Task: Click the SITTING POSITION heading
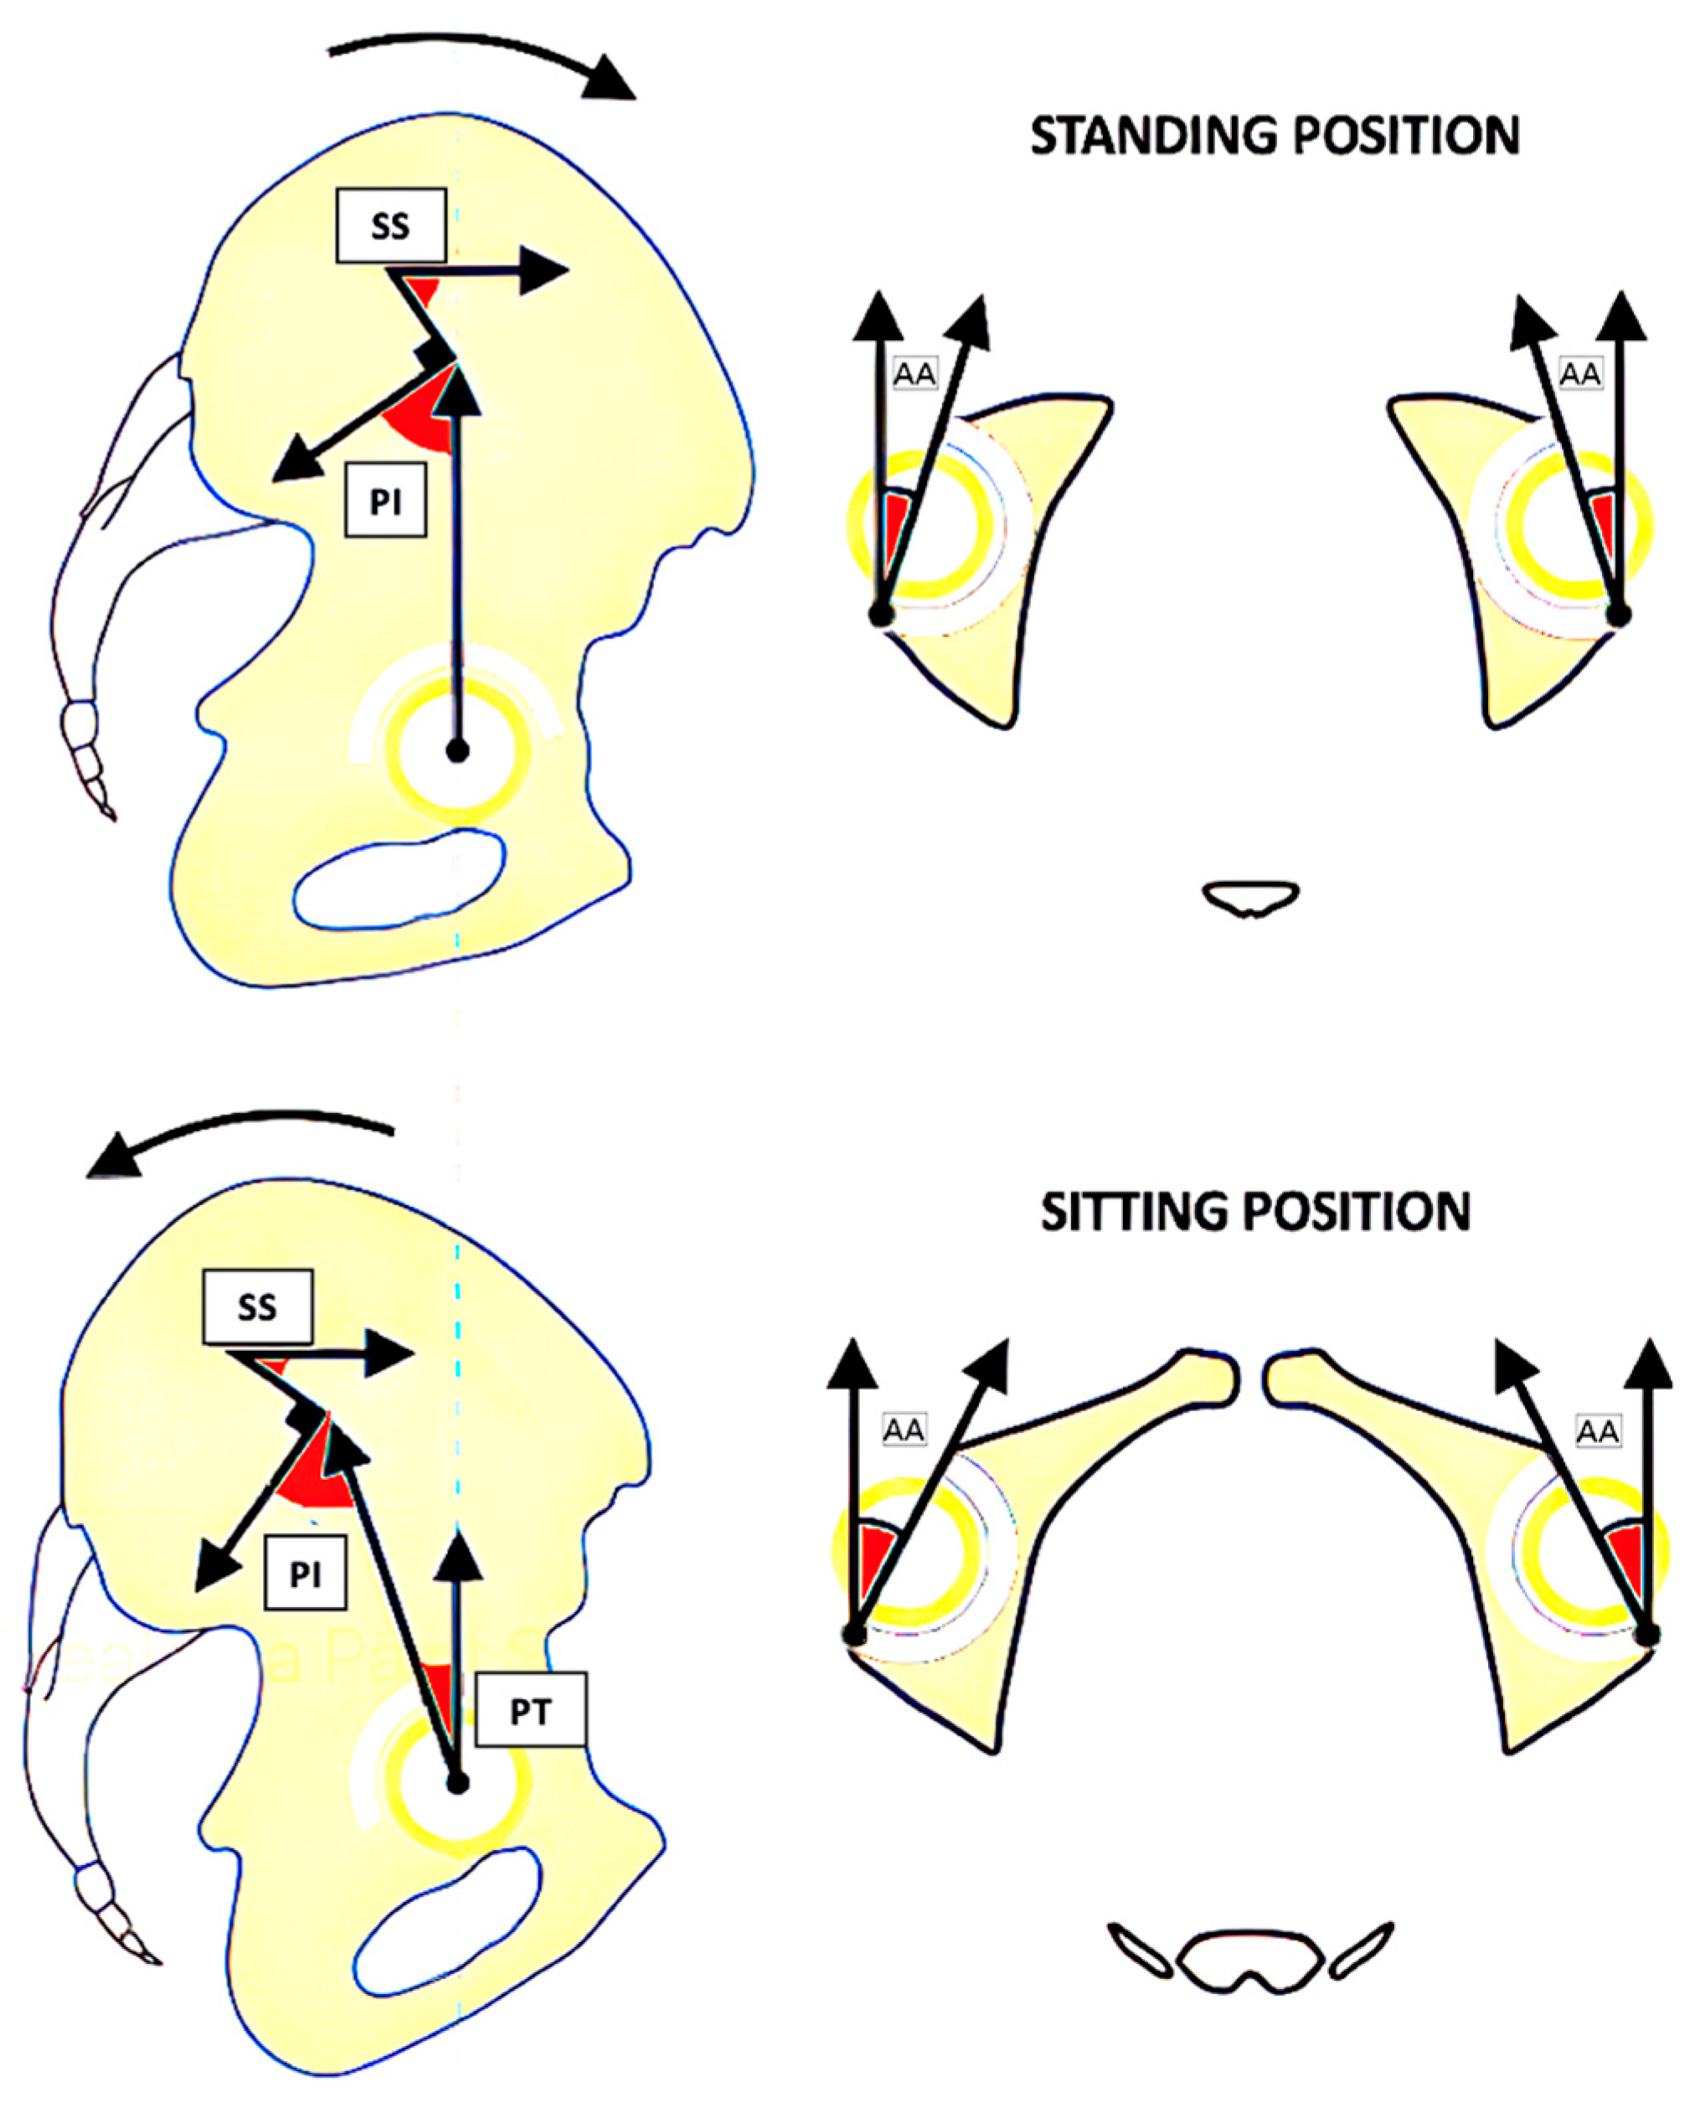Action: click(x=1255, y=1212)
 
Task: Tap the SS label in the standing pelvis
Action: click(x=391, y=226)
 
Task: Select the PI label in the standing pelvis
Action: click(x=385, y=503)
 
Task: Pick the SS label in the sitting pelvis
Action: click(x=258, y=1307)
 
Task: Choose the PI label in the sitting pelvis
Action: click(x=305, y=1575)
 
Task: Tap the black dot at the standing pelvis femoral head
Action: click(x=457, y=751)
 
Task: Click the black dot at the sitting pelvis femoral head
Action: click(x=457, y=1783)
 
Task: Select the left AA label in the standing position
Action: click(x=914, y=373)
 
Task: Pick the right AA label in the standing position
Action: click(x=1579, y=373)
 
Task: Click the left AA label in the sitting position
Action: click(x=903, y=1430)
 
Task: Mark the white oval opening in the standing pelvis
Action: click(x=399, y=879)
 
